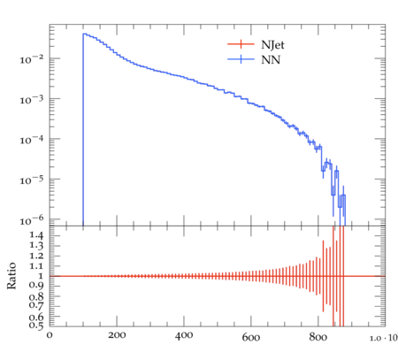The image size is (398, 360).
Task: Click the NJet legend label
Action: point(272,45)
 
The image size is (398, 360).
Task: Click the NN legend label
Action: point(271,60)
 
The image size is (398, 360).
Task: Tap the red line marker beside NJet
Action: point(241,44)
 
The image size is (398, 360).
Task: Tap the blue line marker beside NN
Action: point(241,59)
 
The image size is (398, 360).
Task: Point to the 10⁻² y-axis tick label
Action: point(32,59)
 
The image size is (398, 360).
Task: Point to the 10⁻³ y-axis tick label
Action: point(32,100)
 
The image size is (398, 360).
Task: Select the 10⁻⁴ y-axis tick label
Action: point(32,140)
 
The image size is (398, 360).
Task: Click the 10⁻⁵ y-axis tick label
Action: point(32,180)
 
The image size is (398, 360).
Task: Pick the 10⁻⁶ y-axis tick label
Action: point(32,220)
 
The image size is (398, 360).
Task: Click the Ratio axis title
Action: point(11,276)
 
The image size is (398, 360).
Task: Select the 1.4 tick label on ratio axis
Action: point(36,235)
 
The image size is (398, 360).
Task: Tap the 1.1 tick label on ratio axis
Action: point(36,266)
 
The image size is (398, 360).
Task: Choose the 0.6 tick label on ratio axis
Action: point(36,318)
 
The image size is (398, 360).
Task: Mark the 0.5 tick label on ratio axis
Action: point(36,325)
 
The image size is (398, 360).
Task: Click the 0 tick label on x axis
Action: point(50,335)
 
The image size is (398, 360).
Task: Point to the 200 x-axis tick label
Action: point(117,335)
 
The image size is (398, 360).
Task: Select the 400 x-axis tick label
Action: point(184,336)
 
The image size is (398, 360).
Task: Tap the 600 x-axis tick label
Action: point(251,337)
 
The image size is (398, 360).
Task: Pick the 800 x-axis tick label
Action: point(318,336)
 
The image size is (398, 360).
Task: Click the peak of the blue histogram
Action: point(84,34)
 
